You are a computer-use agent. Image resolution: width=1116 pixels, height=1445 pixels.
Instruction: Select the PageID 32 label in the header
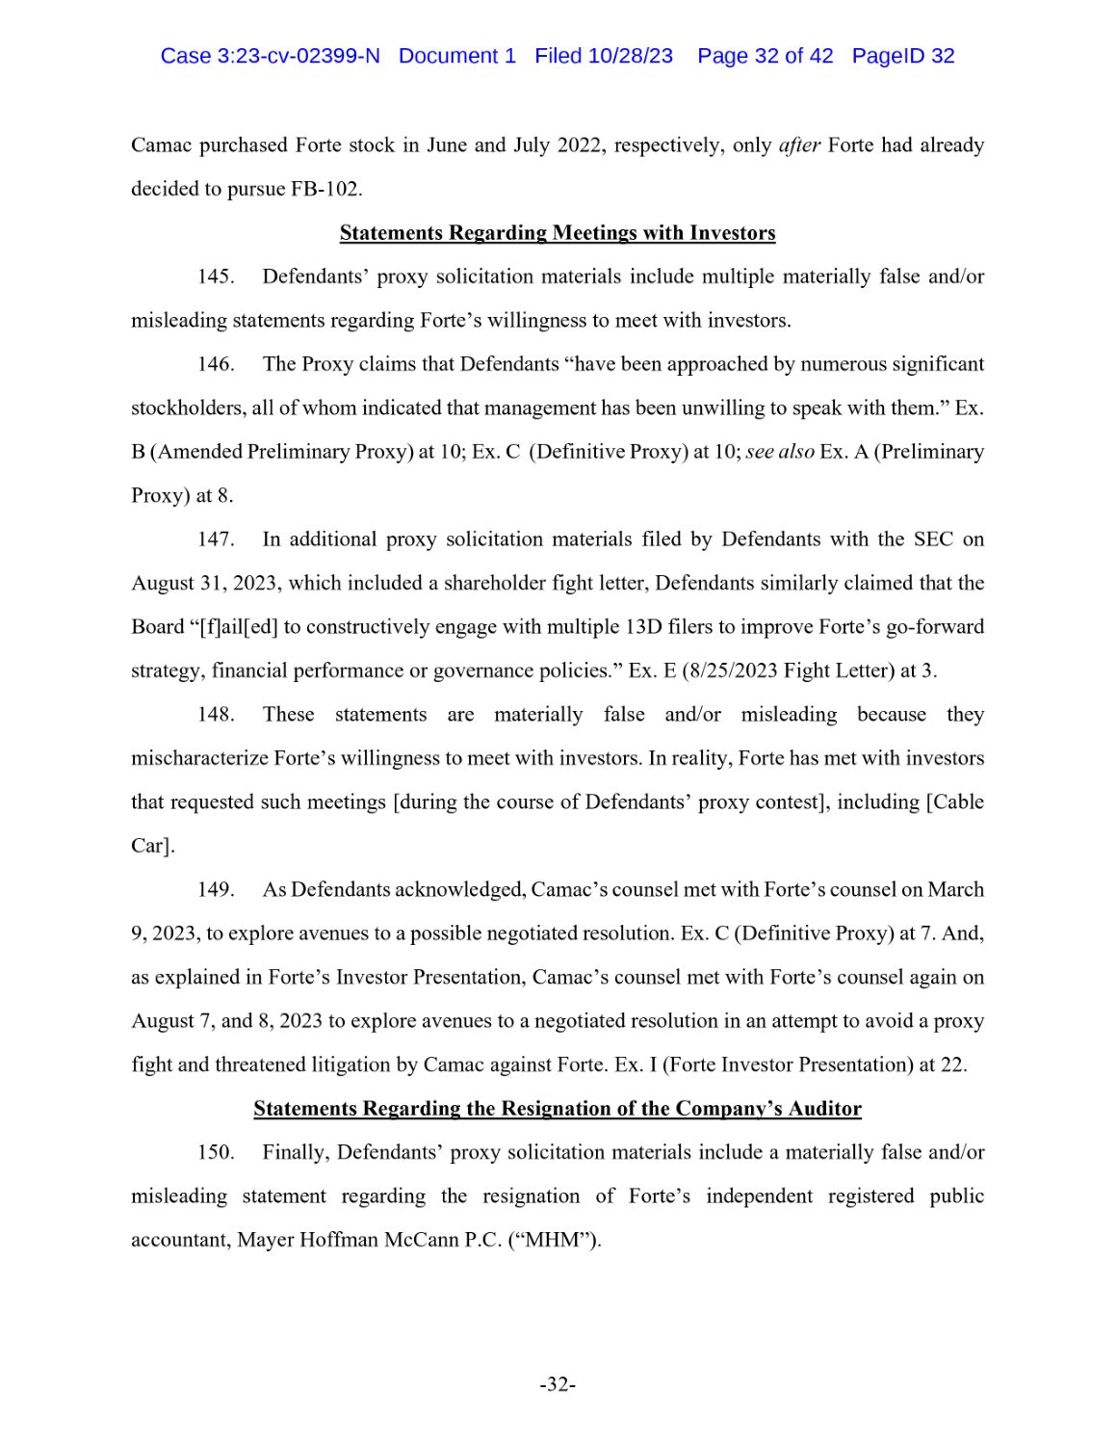[902, 56]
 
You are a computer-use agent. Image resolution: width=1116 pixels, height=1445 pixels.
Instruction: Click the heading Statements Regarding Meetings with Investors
[558, 233]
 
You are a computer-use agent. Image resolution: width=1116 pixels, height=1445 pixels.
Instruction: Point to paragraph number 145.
[216, 276]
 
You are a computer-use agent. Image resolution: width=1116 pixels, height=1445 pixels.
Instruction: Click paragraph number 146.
[216, 364]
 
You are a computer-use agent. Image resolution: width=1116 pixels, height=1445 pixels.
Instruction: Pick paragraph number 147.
[216, 539]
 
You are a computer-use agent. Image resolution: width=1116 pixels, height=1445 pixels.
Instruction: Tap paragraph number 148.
[216, 715]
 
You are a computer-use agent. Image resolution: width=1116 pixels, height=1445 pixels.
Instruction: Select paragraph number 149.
[216, 889]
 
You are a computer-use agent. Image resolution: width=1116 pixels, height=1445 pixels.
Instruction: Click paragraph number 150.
[216, 1152]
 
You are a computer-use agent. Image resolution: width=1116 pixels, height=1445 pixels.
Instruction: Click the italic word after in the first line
[799, 145]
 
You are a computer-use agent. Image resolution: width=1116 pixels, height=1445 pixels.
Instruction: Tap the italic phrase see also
[780, 452]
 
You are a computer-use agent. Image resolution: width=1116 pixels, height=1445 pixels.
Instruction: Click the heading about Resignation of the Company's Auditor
[558, 1109]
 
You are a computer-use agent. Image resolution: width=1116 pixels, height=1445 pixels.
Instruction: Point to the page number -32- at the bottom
[558, 1385]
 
